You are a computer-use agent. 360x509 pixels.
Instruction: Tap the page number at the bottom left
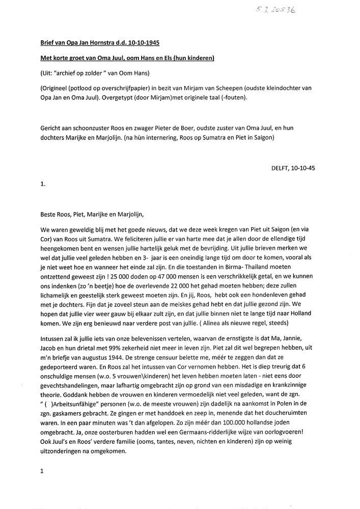[x=41, y=472]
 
